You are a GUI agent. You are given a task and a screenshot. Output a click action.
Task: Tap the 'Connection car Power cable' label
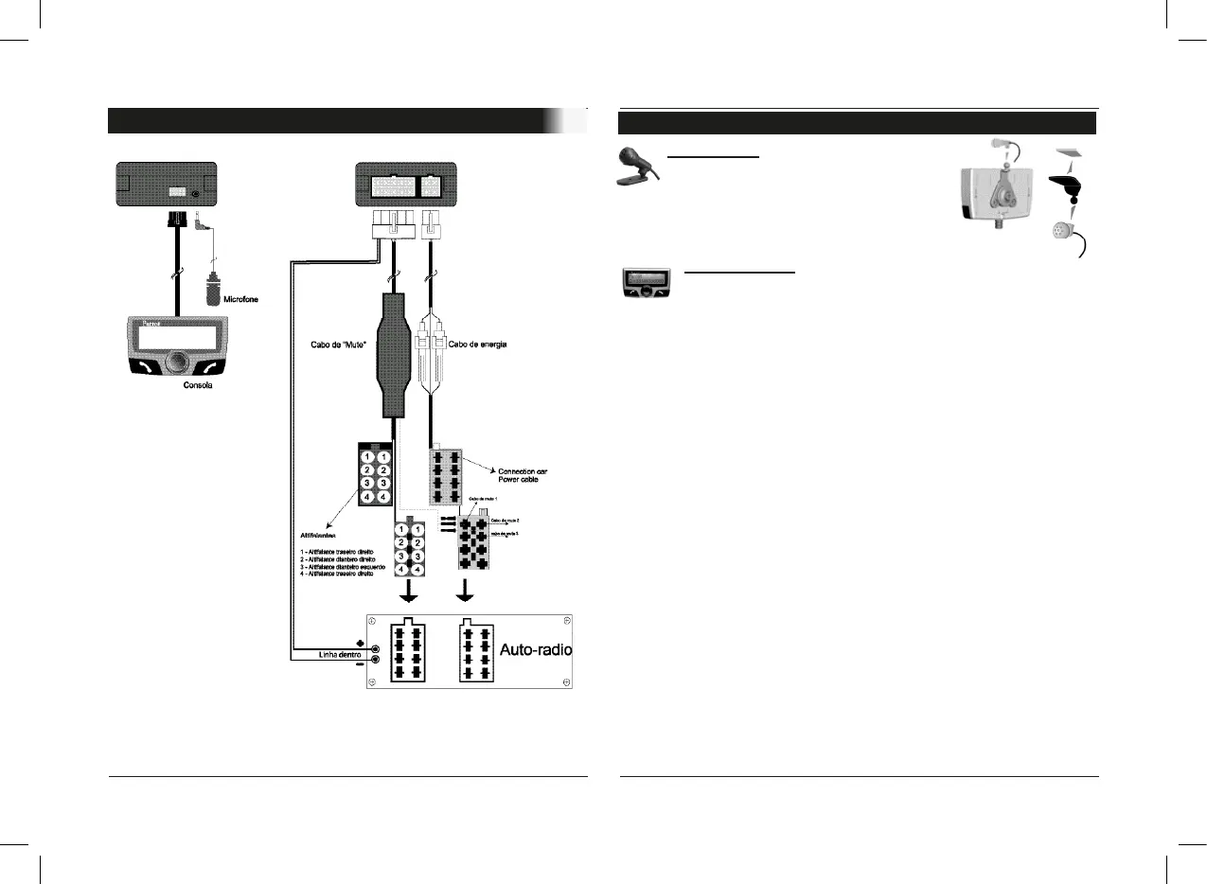click(x=523, y=474)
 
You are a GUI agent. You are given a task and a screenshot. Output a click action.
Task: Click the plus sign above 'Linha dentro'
click(x=360, y=644)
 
